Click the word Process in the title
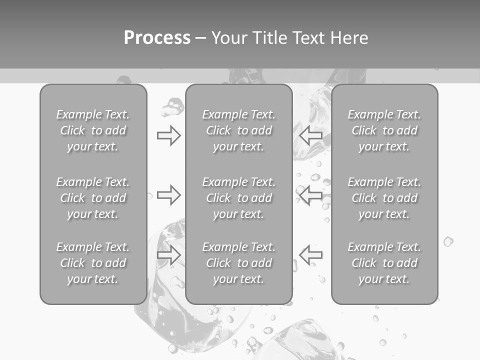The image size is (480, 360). [x=157, y=38]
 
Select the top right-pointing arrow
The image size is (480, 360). [x=169, y=135]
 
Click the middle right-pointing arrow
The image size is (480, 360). [x=169, y=195]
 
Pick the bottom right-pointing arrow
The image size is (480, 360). [x=169, y=255]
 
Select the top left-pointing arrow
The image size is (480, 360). [x=310, y=135]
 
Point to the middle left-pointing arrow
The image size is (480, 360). [x=310, y=195]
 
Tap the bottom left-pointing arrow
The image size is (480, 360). [x=310, y=255]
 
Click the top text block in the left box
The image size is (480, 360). [x=93, y=130]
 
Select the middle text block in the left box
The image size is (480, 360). [x=93, y=198]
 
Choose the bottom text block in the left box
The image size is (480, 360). [x=93, y=263]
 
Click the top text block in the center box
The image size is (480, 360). [x=238, y=130]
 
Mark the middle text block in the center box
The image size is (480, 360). [x=238, y=198]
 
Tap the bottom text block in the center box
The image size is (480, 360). [x=238, y=263]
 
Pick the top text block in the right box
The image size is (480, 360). [x=384, y=130]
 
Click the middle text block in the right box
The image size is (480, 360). [x=384, y=198]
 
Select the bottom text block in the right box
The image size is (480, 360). [x=384, y=263]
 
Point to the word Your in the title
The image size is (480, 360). [x=229, y=38]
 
